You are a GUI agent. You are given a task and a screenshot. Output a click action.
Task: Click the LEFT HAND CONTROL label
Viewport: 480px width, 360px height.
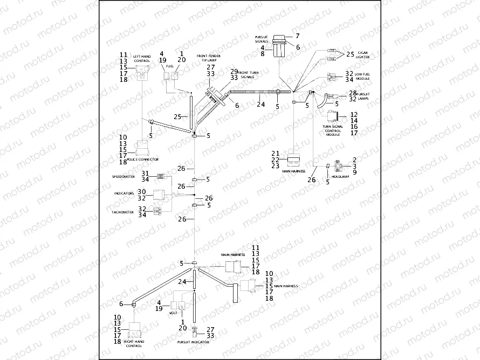142,59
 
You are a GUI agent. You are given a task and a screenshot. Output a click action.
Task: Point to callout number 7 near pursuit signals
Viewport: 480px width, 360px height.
297,36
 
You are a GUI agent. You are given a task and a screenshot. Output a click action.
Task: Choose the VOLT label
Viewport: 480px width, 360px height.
173,312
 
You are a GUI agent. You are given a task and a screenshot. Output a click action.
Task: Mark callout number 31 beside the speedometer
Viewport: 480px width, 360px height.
145,173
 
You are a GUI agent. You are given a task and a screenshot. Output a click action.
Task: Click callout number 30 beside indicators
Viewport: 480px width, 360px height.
142,192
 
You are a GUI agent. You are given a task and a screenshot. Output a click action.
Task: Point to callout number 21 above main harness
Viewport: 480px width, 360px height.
275,154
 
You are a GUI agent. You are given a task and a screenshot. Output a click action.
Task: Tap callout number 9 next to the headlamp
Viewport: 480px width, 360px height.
354,172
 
